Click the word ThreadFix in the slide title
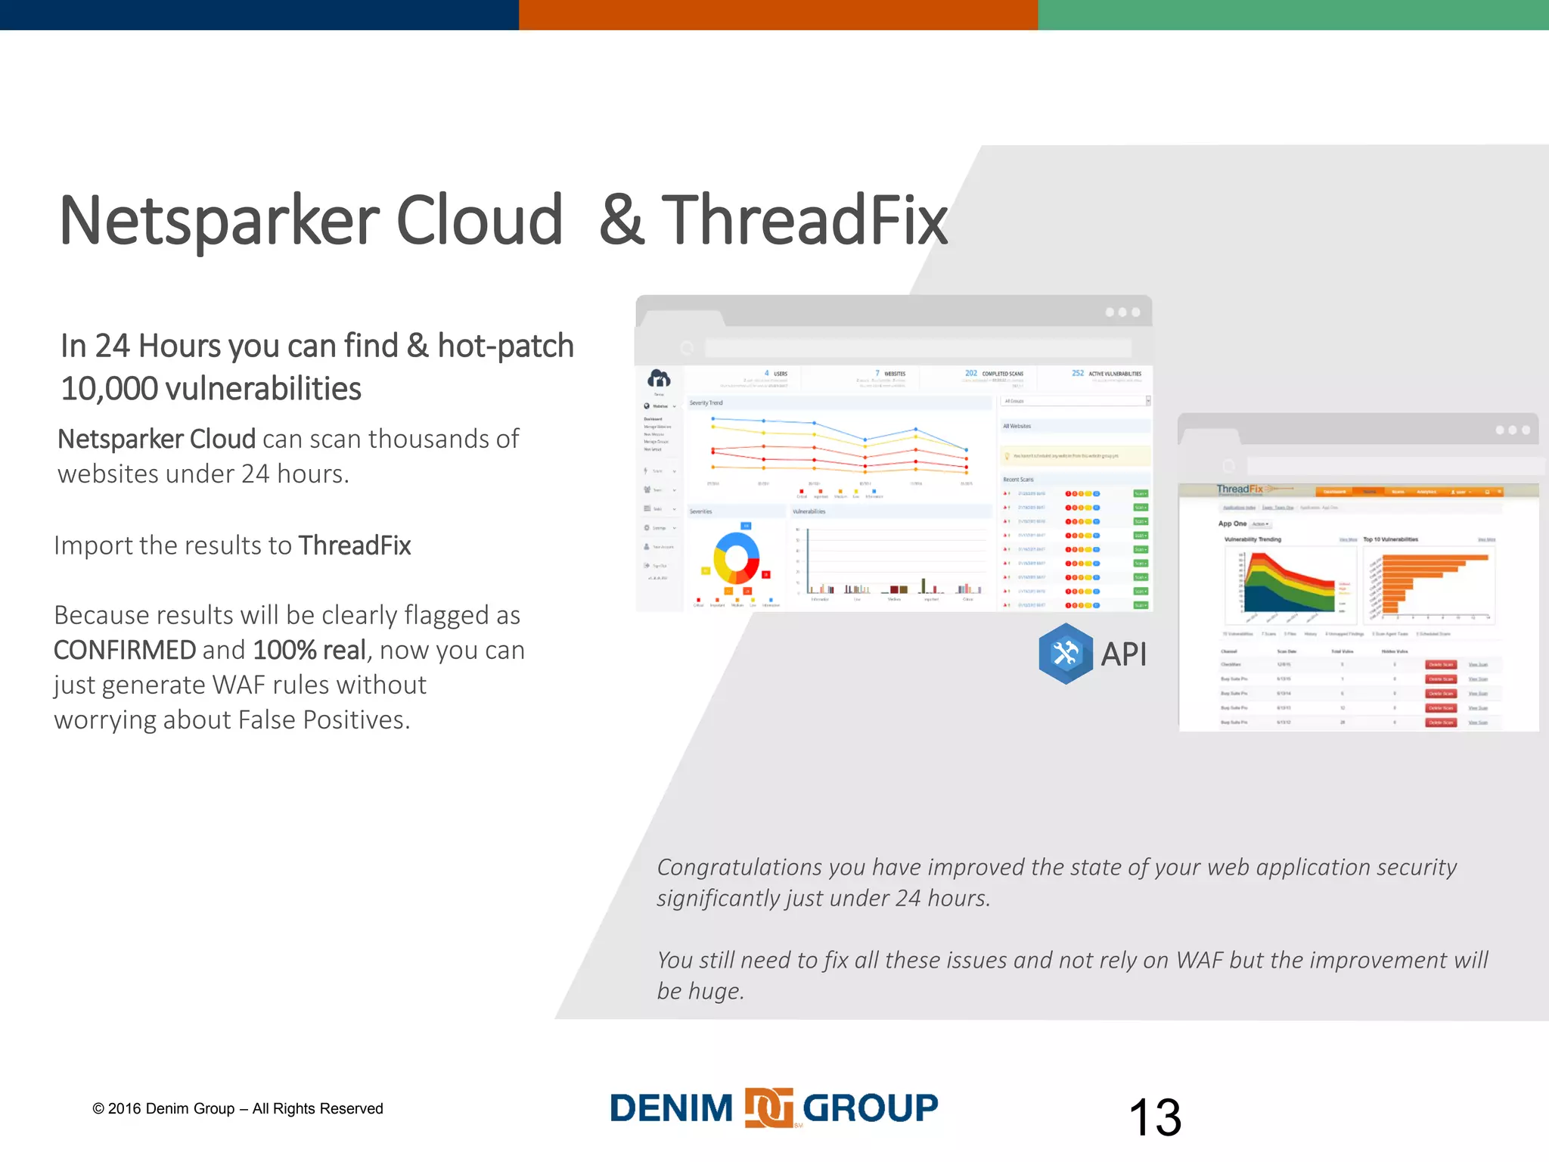[x=804, y=221]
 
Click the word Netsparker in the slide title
[x=219, y=221]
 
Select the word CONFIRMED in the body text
[x=125, y=650]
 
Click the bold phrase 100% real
[x=309, y=650]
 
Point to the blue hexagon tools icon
[x=1065, y=654]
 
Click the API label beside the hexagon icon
[x=1123, y=654]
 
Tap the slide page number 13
[x=1154, y=1117]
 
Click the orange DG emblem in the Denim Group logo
[x=768, y=1108]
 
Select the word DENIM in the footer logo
[x=672, y=1108]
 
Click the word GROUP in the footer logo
[x=870, y=1108]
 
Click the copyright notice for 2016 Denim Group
[x=237, y=1108]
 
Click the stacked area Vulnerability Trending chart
[x=1289, y=582]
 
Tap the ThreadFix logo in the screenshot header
[x=1240, y=489]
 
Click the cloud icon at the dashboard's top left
[x=659, y=377]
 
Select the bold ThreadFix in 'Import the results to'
[x=355, y=545]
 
